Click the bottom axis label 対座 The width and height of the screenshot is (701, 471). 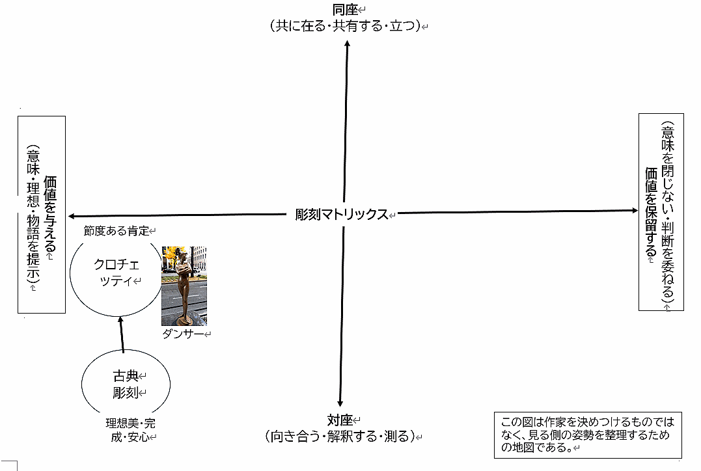[340, 419]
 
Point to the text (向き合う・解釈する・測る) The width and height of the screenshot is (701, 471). [340, 436]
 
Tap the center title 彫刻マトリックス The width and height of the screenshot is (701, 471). [341, 214]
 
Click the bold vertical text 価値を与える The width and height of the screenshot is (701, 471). [50, 215]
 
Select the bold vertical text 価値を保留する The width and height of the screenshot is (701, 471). [650, 212]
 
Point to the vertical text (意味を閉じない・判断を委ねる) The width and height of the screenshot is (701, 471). [667, 212]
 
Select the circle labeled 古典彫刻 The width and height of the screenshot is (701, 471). [126, 384]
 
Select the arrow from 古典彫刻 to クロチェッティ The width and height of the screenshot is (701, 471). [121, 335]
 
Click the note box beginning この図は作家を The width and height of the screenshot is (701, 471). [587, 435]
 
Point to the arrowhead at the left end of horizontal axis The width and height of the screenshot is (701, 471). [72, 216]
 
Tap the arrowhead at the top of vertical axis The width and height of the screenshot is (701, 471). [347, 42]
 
